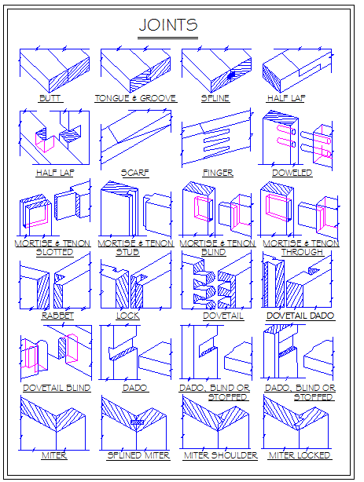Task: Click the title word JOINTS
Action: coord(168,25)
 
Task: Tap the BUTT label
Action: coord(50,98)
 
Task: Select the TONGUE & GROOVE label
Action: coord(135,98)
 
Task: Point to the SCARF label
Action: coord(135,173)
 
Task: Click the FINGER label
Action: coord(218,173)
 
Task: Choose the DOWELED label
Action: coord(292,173)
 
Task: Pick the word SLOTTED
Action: coord(54,252)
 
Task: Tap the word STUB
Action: coord(127,252)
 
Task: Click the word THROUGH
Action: coord(302,252)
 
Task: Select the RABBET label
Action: coord(57,316)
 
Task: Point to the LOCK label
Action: coord(128,316)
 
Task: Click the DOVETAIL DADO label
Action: coord(300,316)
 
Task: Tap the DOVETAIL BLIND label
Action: coord(57,388)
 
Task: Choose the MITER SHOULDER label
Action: coord(220,455)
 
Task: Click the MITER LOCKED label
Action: coord(300,455)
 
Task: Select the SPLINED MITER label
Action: coord(138,455)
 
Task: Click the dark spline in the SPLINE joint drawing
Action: coord(232,75)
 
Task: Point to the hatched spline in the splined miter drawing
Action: coord(137,422)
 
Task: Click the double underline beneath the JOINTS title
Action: coord(167,38)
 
